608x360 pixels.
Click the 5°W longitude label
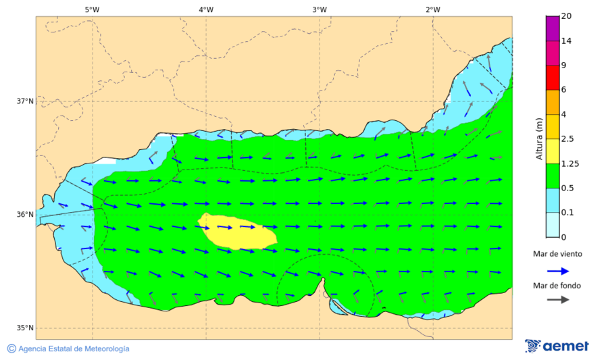pyautogui.click(x=92, y=9)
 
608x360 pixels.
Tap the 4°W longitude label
pyautogui.click(x=206, y=9)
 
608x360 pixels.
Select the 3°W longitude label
pyautogui.click(x=320, y=9)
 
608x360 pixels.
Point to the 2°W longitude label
pyautogui.click(x=433, y=9)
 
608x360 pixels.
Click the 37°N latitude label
pyautogui.click(x=25, y=101)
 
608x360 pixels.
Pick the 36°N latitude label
pyautogui.click(x=25, y=215)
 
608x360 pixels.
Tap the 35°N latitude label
pyautogui.click(x=25, y=328)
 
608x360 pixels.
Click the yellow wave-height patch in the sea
pyautogui.click(x=238, y=231)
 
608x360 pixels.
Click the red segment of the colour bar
pyautogui.click(x=553, y=78)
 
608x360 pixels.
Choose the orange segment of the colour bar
pyautogui.click(x=553, y=102)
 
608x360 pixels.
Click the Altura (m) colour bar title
pyautogui.click(x=539, y=138)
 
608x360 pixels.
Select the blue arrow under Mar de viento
pyautogui.click(x=557, y=270)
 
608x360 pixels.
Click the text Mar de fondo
pyautogui.click(x=557, y=286)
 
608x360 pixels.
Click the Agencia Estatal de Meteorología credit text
pyautogui.click(x=68, y=349)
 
